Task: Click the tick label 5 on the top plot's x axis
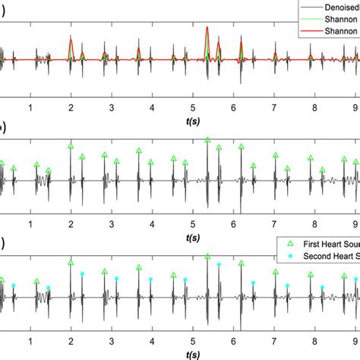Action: (x=193, y=109)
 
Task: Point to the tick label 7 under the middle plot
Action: (x=275, y=226)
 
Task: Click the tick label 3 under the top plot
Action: (x=112, y=109)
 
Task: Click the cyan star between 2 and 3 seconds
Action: (x=83, y=273)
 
